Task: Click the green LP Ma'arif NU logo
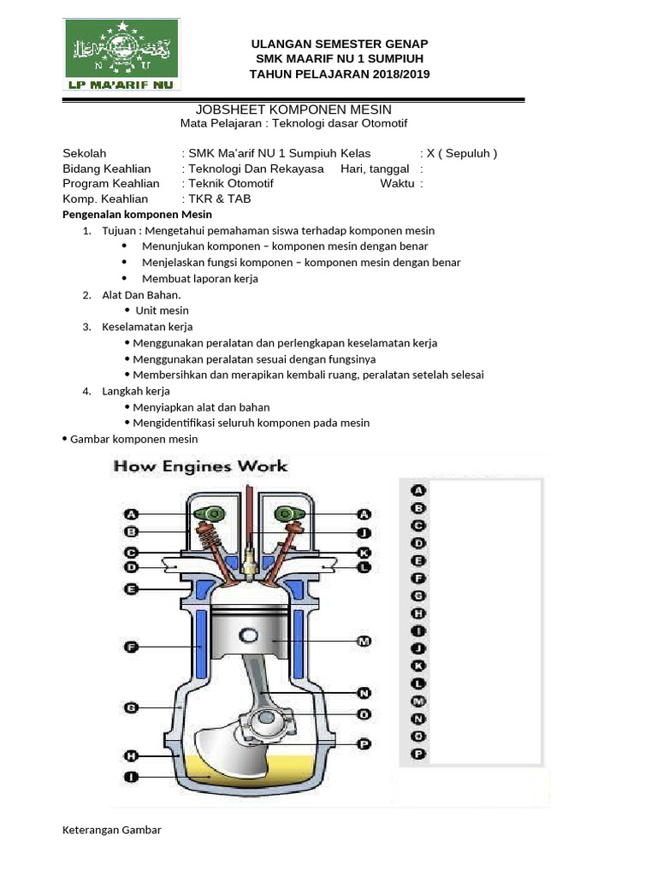pos(121,55)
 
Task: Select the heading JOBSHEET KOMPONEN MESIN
pos(293,109)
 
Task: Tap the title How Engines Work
pos(201,466)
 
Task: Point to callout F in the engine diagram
pos(131,648)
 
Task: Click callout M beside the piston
pos(364,641)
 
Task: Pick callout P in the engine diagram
pos(364,744)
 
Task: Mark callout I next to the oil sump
pos(131,777)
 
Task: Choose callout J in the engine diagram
pos(364,533)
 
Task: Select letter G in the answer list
pos(418,595)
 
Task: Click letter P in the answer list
pos(418,755)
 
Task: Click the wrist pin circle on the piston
pos(249,636)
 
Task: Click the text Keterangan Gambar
pos(112,830)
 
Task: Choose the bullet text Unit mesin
pos(163,311)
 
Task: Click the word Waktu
pos(397,184)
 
